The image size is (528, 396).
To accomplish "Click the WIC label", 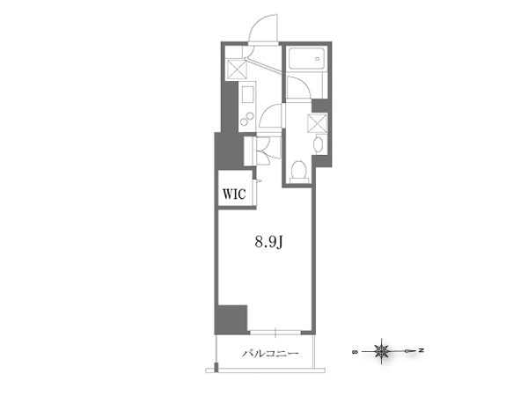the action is pos(234,194).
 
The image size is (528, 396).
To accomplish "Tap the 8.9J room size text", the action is pos(268,242).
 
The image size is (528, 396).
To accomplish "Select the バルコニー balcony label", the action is pos(270,354).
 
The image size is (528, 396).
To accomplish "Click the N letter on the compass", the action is pos(421,351).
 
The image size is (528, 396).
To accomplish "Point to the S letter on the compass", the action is pos(355,352).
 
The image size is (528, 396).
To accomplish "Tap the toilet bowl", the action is pos(298,170).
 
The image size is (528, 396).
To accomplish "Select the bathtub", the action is pos(306,59).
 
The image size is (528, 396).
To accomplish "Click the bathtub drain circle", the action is pos(317,59).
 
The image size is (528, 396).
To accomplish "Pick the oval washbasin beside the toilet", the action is pos(318,144).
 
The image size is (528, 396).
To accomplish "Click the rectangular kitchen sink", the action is pos(247,94).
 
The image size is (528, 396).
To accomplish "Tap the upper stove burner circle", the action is pos(250,116).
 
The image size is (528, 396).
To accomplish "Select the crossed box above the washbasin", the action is pos(317,123).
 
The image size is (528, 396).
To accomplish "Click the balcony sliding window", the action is pos(275,332).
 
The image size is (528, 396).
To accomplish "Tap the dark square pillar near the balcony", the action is pos(232,318).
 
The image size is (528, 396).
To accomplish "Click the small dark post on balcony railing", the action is pos(216,367).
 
